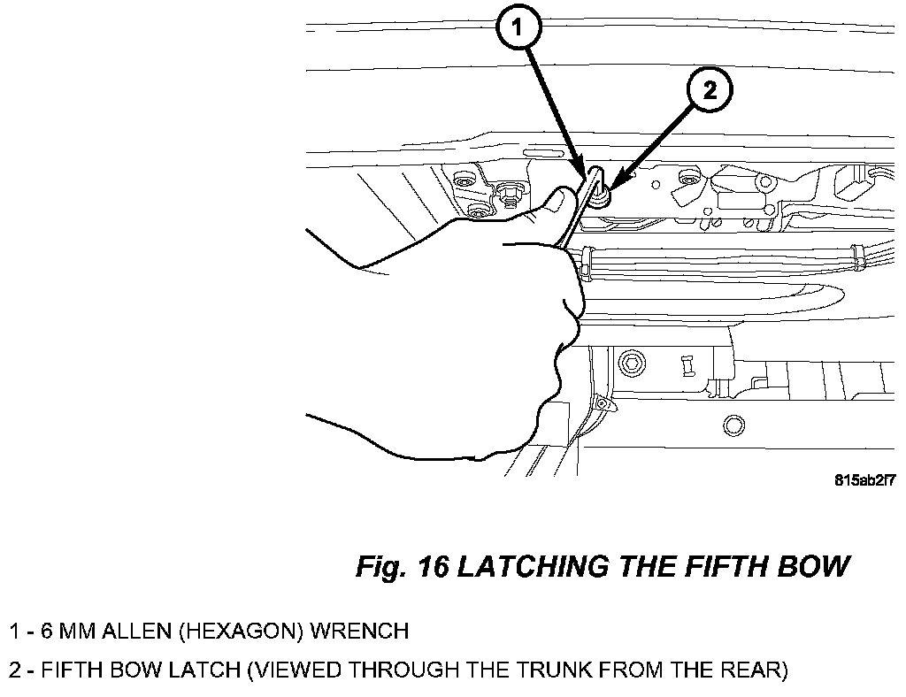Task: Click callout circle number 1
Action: point(518,27)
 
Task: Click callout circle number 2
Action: point(710,90)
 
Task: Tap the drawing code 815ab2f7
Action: point(865,480)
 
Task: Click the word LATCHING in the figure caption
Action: point(533,566)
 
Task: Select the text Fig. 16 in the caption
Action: point(402,566)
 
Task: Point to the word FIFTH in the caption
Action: point(726,566)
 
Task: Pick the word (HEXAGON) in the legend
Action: point(242,631)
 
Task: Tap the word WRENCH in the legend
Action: point(359,631)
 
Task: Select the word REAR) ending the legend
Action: point(755,670)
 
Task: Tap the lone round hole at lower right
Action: point(733,426)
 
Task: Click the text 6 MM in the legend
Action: point(67,631)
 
